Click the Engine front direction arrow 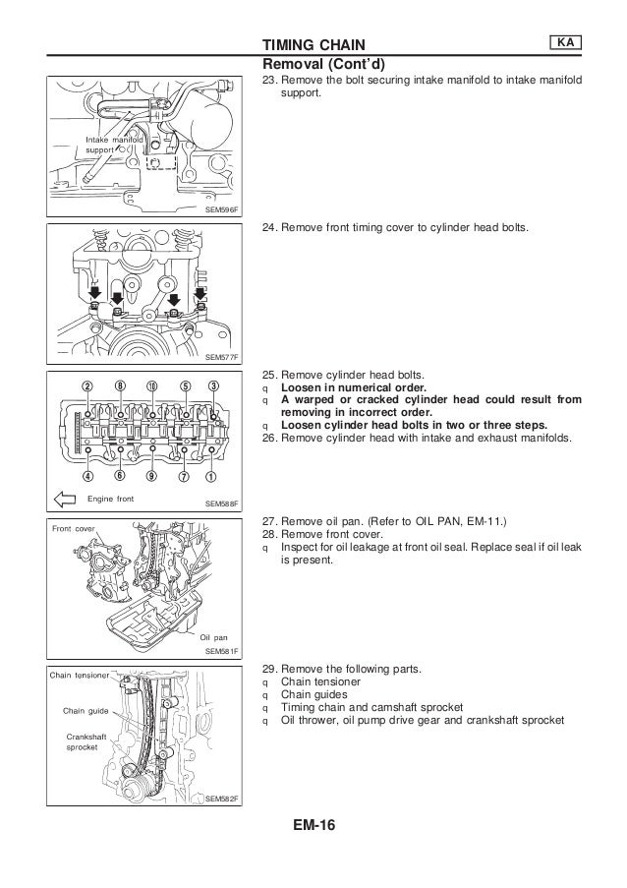tap(66, 500)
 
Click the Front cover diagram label tap(73, 527)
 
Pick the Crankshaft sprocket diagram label tap(83, 740)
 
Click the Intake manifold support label tap(114, 145)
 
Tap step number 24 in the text tap(267, 228)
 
